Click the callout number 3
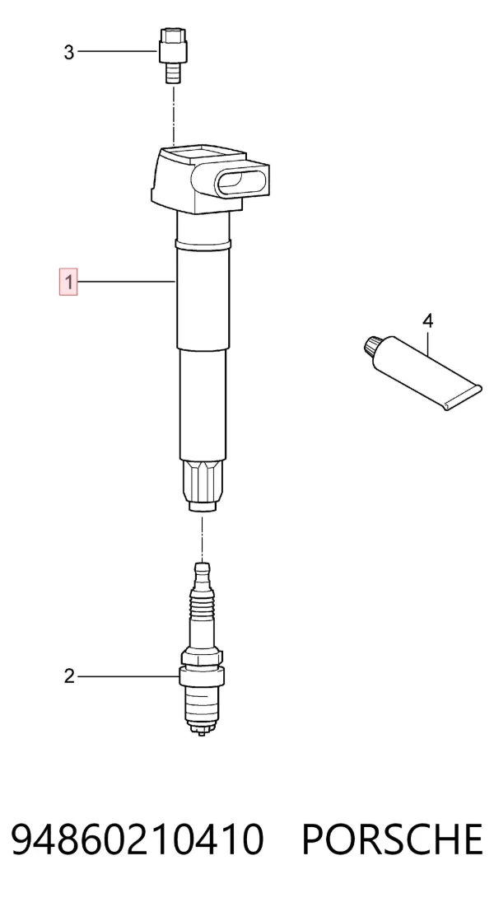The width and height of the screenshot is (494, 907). (x=69, y=53)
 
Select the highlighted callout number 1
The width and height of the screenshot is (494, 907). (x=68, y=283)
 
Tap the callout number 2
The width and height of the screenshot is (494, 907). (x=69, y=676)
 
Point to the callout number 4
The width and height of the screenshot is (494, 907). (x=427, y=320)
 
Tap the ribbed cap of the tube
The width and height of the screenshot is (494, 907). (x=373, y=347)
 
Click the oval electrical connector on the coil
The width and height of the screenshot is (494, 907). (x=242, y=180)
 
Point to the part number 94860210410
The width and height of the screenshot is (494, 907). (x=137, y=839)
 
